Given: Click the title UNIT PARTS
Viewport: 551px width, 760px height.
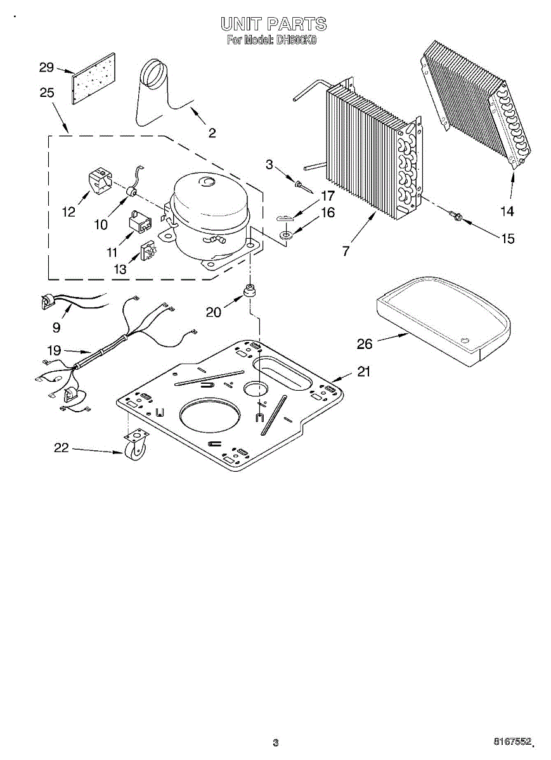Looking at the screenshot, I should click(274, 24).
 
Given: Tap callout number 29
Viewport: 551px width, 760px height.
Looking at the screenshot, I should click(46, 68).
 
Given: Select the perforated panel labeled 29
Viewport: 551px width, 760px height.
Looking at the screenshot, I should click(93, 79).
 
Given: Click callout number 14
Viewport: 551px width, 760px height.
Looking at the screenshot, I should click(507, 211).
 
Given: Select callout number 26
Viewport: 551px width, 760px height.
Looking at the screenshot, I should click(365, 344).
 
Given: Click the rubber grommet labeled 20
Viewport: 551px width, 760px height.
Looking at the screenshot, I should click(250, 291).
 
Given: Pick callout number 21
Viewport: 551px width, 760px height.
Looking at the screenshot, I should click(363, 372).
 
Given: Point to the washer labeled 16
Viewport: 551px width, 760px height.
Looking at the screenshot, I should click(286, 236).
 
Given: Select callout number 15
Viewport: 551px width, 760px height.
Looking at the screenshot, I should click(507, 239).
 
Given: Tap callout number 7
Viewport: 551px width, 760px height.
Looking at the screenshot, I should click(346, 251).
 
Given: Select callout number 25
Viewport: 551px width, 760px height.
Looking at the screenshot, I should click(46, 92).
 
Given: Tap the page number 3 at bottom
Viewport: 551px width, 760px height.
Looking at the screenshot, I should click(275, 742).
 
